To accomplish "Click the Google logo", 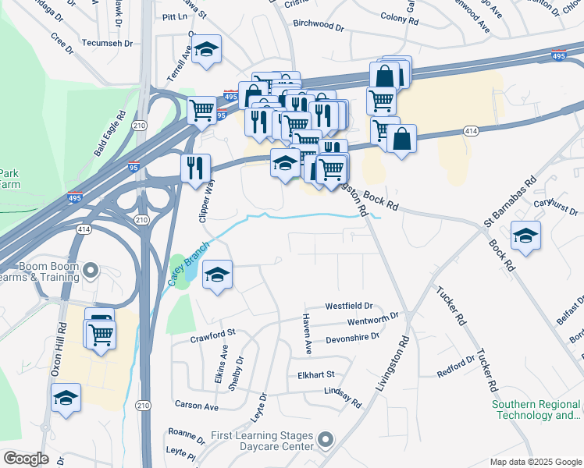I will click(26, 459).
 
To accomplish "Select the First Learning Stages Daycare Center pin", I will click(326, 440).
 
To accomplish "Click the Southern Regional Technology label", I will click(536, 409).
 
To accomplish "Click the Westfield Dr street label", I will click(349, 307).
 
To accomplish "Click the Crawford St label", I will click(213, 337).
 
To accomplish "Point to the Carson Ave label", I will click(197, 406).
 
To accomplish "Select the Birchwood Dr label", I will click(319, 25).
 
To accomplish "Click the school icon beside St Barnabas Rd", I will click(525, 235).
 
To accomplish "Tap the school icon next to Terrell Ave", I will click(205, 50).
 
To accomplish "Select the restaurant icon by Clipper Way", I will click(195, 167).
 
